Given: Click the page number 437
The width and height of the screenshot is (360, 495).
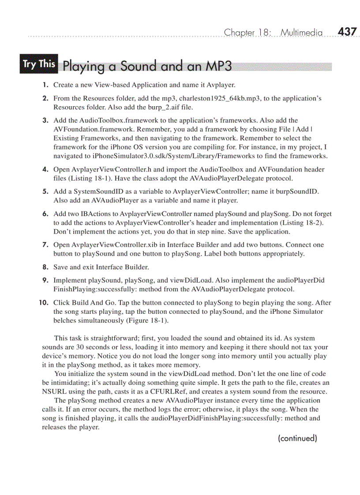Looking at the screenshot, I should pyautogui.click(x=347, y=32).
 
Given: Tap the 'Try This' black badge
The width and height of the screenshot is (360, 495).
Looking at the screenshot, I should pyautogui.click(x=39, y=64).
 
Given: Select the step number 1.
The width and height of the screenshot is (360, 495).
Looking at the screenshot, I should pyautogui.click(x=46, y=85).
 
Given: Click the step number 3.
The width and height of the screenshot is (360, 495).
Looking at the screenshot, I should pyautogui.click(x=45, y=120).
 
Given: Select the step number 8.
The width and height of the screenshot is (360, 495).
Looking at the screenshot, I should pyautogui.click(x=45, y=267).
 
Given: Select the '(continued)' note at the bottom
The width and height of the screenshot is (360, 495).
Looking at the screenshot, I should pyautogui.click(x=297, y=438).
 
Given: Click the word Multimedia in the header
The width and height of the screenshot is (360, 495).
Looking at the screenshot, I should pyautogui.click(x=302, y=33).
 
